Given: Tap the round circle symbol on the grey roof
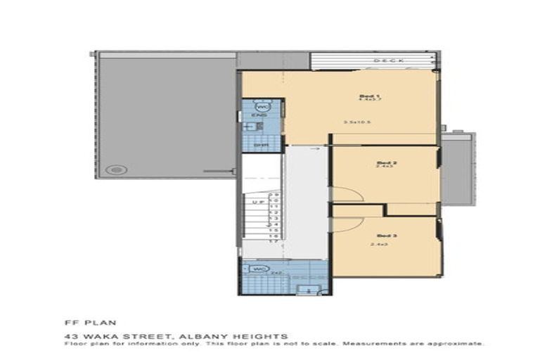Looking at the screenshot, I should click(116, 169).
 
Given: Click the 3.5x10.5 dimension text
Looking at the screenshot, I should click(357, 122).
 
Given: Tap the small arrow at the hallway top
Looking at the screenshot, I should click(314, 148).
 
